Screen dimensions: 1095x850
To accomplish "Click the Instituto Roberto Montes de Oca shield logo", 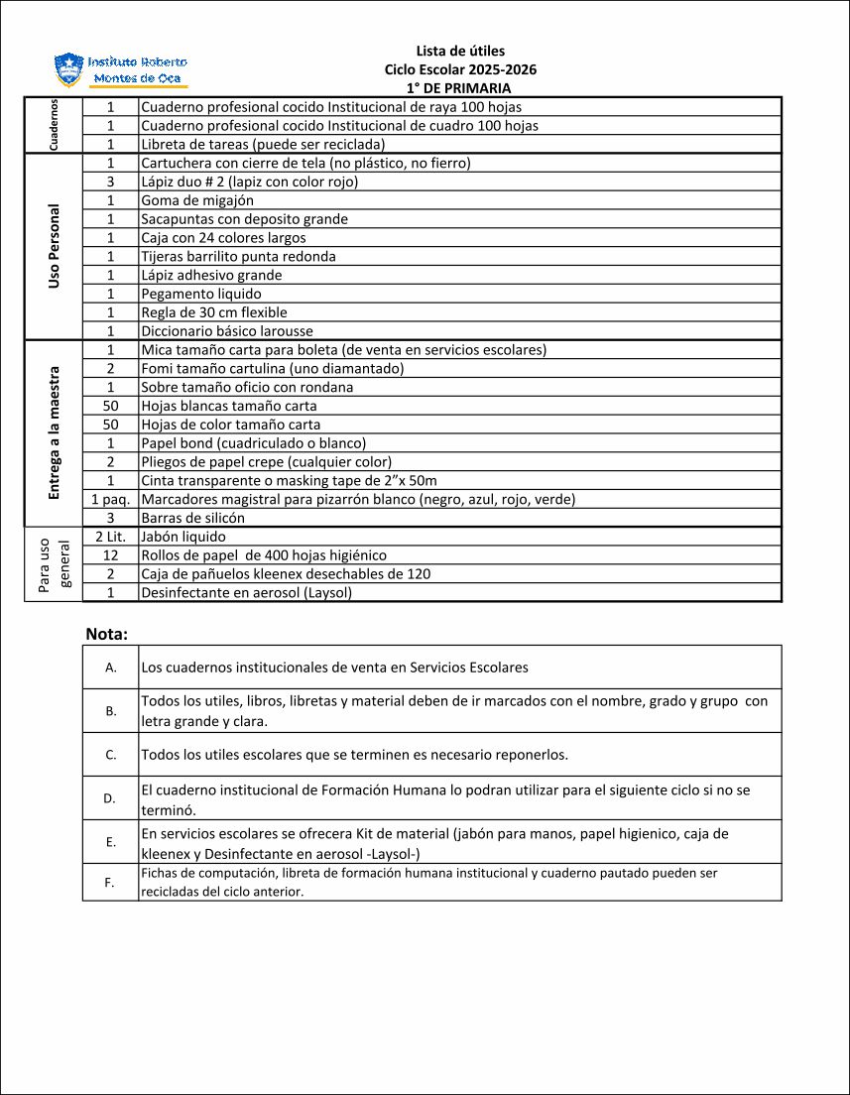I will pyautogui.click(x=68, y=69).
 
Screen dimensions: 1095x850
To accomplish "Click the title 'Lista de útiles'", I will pyautogui.click(x=460, y=51).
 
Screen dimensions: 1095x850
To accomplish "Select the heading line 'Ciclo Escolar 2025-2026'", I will pyautogui.click(x=460, y=69).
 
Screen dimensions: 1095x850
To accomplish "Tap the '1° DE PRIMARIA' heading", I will pyautogui.click(x=460, y=88).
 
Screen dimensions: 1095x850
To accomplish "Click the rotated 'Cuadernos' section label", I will pyautogui.click(x=54, y=125).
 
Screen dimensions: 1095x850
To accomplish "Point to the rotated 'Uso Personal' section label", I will pyautogui.click(x=54, y=247).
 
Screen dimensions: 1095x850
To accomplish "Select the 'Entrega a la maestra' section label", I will pyautogui.click(x=54, y=432).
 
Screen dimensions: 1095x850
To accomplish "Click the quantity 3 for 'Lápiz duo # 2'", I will pyautogui.click(x=111, y=182).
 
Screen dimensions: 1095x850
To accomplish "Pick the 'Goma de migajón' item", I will pyautogui.click(x=197, y=200).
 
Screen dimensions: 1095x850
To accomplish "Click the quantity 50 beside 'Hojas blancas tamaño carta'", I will pyautogui.click(x=111, y=406).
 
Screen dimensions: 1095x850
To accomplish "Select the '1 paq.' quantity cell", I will pyautogui.click(x=111, y=499).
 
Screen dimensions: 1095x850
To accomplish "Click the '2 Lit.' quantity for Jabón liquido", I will pyautogui.click(x=111, y=537).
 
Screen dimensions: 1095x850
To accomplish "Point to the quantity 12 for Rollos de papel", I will pyautogui.click(x=111, y=555).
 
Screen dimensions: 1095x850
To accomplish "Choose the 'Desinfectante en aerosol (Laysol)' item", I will pyautogui.click(x=246, y=593).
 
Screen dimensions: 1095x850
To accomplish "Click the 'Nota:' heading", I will pyautogui.click(x=107, y=634).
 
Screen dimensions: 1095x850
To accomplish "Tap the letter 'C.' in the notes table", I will pyautogui.click(x=111, y=755).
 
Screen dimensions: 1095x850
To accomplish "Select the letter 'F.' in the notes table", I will pyautogui.click(x=111, y=882).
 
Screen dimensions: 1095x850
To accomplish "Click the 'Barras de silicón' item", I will pyautogui.click(x=192, y=518).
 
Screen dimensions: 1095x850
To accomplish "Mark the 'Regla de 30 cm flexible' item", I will pyautogui.click(x=214, y=312).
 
